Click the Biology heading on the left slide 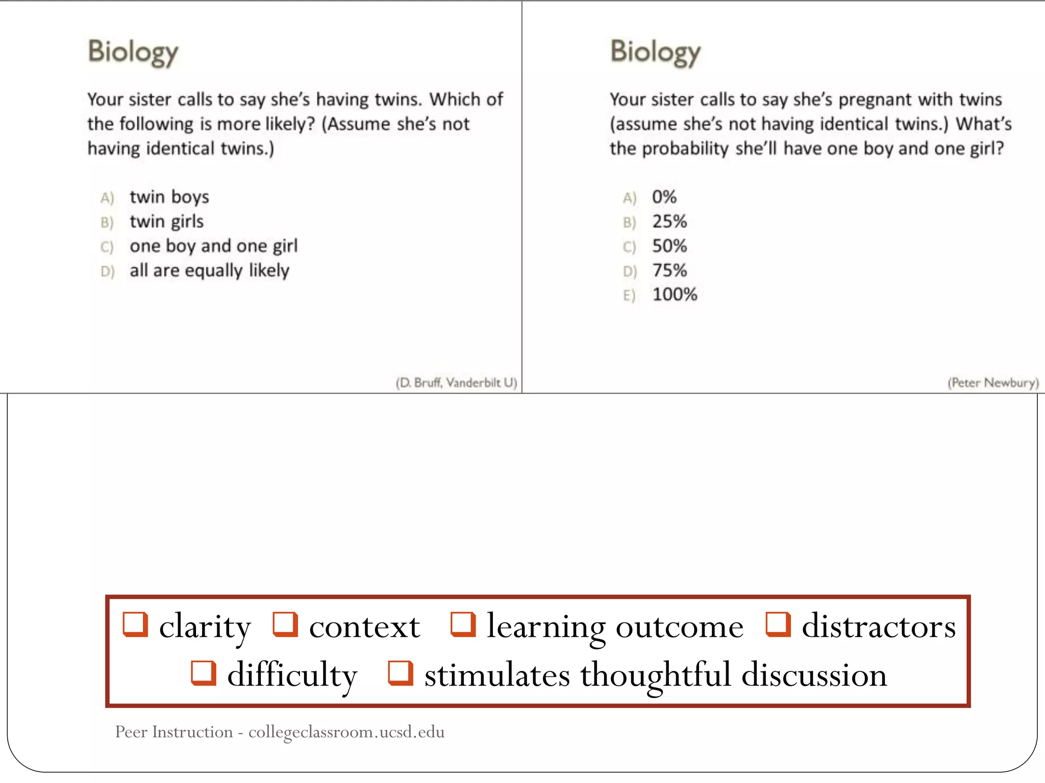click(133, 52)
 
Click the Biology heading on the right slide click(656, 52)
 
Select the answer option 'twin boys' click(169, 197)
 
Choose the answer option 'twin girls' click(166, 221)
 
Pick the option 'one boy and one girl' click(213, 246)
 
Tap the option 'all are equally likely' click(209, 270)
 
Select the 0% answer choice click(664, 197)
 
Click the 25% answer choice click(669, 221)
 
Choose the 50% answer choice click(669, 246)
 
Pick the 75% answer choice click(669, 270)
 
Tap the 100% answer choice click(675, 295)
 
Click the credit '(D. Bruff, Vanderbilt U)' click(456, 382)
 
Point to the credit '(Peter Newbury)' click(993, 382)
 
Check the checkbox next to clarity click(135, 624)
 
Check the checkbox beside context click(285, 624)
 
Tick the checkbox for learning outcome click(463, 624)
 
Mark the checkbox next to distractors click(778, 624)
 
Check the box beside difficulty click(204, 673)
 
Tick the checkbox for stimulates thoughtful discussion click(401, 673)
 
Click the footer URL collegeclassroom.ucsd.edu click(346, 732)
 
